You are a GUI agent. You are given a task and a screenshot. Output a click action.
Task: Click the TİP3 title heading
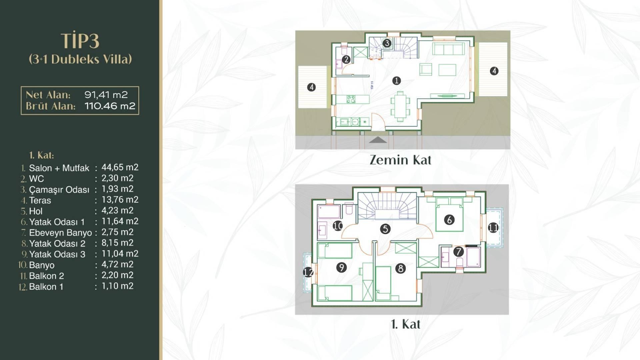coord(80,41)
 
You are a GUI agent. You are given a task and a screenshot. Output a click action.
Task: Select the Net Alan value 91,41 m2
coord(106,95)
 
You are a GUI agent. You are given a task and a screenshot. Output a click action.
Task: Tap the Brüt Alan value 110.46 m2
coord(110,106)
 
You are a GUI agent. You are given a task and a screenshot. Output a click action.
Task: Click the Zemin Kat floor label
coord(400,160)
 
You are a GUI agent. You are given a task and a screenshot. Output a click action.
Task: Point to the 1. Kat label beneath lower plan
coord(405,324)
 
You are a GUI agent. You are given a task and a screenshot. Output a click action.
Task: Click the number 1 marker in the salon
coord(396,81)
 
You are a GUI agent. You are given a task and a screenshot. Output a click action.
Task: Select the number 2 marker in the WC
coord(346,60)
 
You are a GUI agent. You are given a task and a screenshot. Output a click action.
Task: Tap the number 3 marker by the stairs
coord(387,43)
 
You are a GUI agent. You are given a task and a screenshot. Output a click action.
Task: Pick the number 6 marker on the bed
coord(449,220)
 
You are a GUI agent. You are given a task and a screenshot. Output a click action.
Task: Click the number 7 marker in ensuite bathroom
coord(458,252)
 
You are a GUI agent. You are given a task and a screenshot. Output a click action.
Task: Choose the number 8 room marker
coord(400,268)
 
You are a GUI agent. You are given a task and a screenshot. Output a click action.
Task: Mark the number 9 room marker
coord(341,267)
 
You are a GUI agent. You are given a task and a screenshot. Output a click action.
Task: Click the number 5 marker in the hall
coord(385,229)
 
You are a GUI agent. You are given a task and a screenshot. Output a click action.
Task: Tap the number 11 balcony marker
coord(493,228)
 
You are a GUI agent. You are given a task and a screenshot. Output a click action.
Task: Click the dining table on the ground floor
coord(400,106)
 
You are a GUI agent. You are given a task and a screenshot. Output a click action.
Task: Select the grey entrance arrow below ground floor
coord(378,140)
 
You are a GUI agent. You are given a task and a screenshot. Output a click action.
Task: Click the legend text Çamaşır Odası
coord(59,190)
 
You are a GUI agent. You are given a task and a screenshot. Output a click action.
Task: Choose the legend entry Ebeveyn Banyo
coord(60,233)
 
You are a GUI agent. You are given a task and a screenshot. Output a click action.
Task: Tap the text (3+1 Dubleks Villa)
coord(80,59)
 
